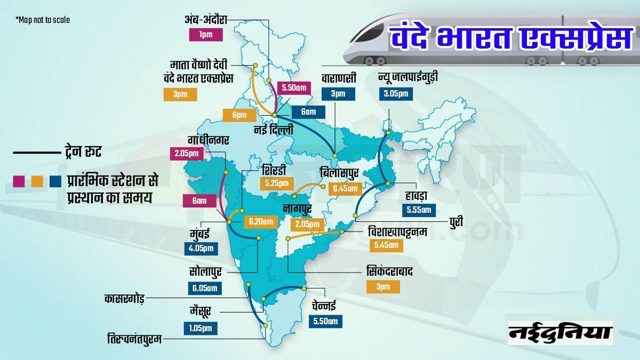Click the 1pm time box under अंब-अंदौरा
(x=206, y=36)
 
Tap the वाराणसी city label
(x=335, y=78)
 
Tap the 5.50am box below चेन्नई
(x=325, y=321)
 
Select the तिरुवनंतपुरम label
(x=134, y=338)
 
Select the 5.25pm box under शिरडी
(x=275, y=183)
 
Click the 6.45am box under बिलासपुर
(x=346, y=188)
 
